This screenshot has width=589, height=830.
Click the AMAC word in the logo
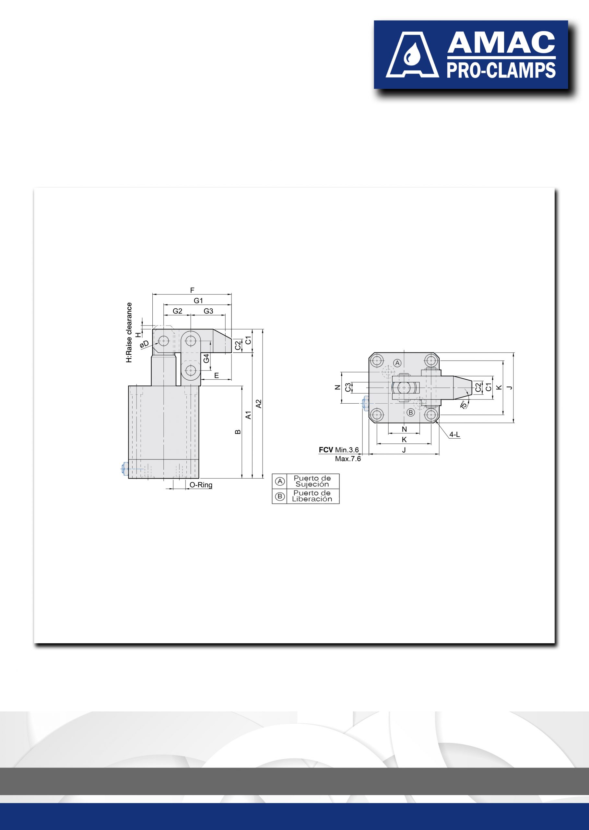(x=501, y=42)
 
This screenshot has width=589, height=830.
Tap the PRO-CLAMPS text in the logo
(x=501, y=70)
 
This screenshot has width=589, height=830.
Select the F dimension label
(x=192, y=290)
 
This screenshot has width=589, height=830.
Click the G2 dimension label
(x=177, y=311)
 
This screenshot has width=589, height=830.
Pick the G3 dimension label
(x=208, y=311)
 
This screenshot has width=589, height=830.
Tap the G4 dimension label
(x=206, y=358)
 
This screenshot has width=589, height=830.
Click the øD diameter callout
(x=144, y=344)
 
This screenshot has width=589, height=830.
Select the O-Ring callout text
(x=201, y=485)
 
